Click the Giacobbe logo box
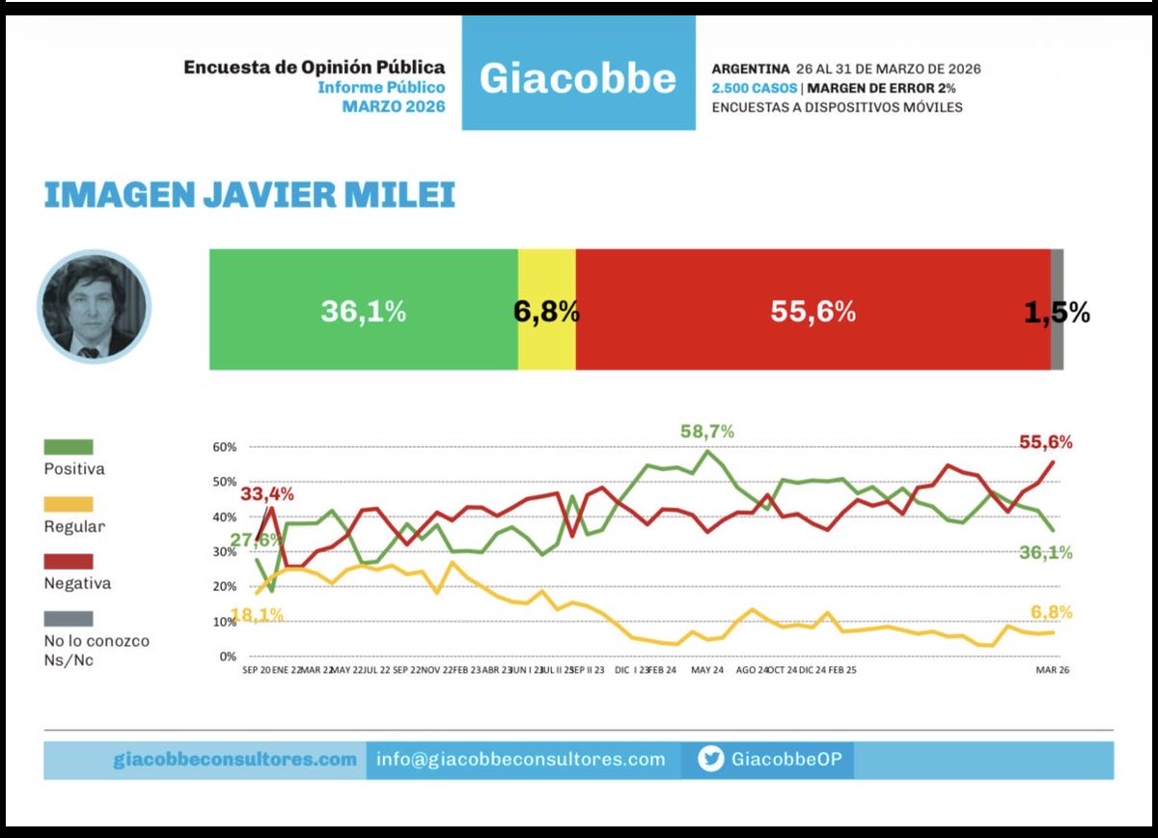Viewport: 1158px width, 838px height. (x=578, y=73)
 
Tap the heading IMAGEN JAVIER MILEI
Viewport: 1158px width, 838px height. (x=249, y=194)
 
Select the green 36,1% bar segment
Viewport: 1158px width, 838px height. (x=363, y=310)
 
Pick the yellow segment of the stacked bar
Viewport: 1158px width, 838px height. (x=546, y=310)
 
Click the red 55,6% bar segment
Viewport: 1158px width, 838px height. (x=813, y=310)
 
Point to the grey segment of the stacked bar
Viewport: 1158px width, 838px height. (x=1057, y=310)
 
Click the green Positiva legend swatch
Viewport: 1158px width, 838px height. (x=69, y=447)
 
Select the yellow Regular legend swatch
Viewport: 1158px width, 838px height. (x=69, y=504)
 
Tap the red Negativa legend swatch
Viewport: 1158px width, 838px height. (x=69, y=561)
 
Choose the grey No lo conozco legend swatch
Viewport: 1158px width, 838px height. (x=69, y=618)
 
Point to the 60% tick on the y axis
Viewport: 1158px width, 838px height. (x=224, y=447)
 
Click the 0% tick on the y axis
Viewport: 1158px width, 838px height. (x=227, y=656)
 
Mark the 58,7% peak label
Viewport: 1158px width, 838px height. (x=706, y=432)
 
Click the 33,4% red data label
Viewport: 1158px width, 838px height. (x=266, y=494)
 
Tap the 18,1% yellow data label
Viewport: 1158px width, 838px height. (x=256, y=615)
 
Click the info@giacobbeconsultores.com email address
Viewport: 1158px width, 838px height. (x=521, y=760)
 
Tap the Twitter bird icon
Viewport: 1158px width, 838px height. (x=710, y=760)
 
